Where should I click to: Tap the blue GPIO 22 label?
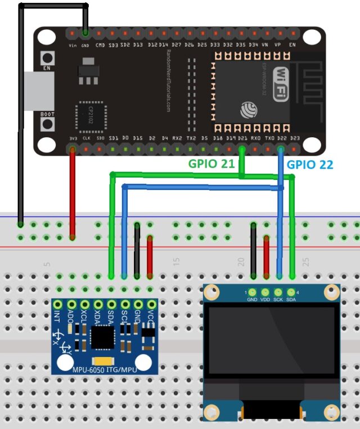click(310, 165)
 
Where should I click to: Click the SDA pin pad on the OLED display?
click(291, 292)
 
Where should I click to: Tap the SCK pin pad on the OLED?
click(278, 292)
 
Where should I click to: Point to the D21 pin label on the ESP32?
click(242, 138)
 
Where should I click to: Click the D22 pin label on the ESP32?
click(281, 138)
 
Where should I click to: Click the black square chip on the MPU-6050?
click(102, 337)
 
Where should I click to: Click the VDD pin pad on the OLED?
click(265, 292)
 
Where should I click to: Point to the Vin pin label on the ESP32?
click(73, 45)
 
